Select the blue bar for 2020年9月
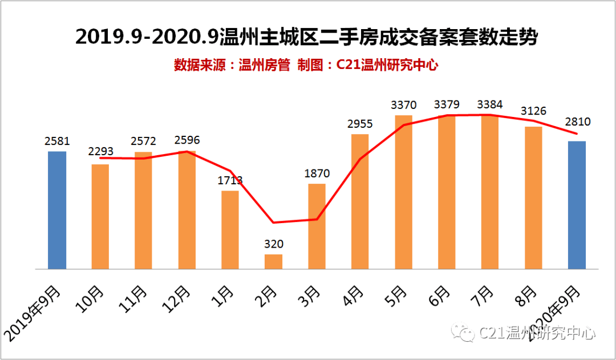[x=577, y=205]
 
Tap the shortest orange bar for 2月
[x=273, y=261]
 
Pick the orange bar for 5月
[x=403, y=192]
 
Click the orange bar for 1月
[x=230, y=229]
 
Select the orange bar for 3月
[x=317, y=226]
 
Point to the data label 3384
[x=491, y=104]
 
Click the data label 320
[x=273, y=244]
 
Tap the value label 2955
[x=360, y=124]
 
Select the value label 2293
[x=100, y=152]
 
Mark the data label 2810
[x=577, y=122]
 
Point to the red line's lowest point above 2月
[x=274, y=223]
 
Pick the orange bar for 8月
[x=533, y=197]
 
